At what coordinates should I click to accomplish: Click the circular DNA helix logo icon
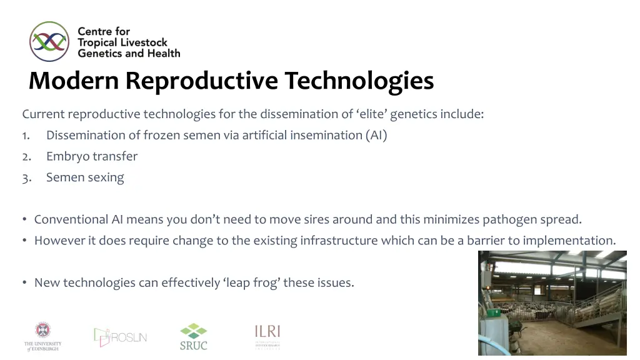[x=49, y=41]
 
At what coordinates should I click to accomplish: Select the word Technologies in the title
[x=359, y=81]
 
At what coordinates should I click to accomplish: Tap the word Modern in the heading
[x=74, y=81]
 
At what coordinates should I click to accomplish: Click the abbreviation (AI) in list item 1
[x=377, y=135]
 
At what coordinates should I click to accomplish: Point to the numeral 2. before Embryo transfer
[x=26, y=156]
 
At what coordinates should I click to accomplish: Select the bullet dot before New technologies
[x=24, y=282]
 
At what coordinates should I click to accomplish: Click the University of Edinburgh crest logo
[x=42, y=336]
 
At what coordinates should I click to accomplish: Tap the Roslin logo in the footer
[x=120, y=337]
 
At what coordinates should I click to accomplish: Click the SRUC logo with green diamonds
[x=193, y=336]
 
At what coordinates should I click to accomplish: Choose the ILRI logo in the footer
[x=267, y=336]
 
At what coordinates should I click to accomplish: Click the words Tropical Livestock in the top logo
[x=122, y=42]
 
